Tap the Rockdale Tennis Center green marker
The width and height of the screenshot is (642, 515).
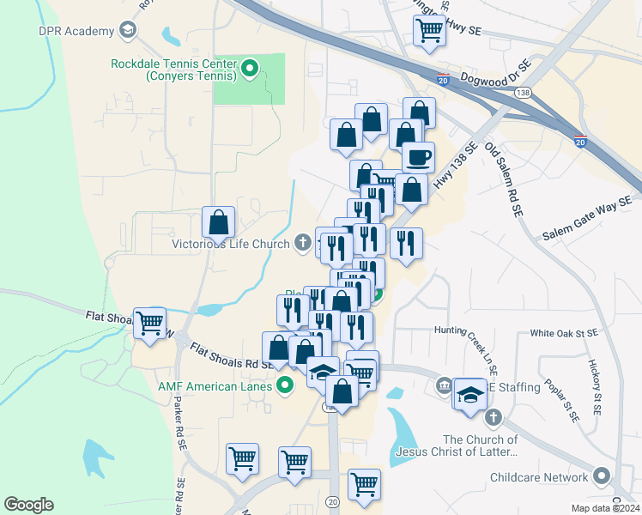pyautogui.click(x=251, y=69)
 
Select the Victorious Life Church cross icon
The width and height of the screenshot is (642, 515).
pyautogui.click(x=303, y=244)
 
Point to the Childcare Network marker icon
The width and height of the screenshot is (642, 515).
pyautogui.click(x=601, y=476)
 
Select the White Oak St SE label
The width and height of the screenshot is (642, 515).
pyautogui.click(x=563, y=332)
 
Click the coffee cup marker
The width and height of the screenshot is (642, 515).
pyautogui.click(x=418, y=158)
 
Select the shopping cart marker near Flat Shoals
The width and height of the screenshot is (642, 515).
pyautogui.click(x=149, y=324)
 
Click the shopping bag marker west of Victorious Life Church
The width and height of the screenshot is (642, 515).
pyautogui.click(x=219, y=222)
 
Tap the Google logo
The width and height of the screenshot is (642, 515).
pyautogui.click(x=28, y=505)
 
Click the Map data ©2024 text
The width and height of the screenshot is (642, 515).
pyautogui.click(x=607, y=508)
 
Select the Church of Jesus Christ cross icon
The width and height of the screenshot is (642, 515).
pyautogui.click(x=493, y=418)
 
